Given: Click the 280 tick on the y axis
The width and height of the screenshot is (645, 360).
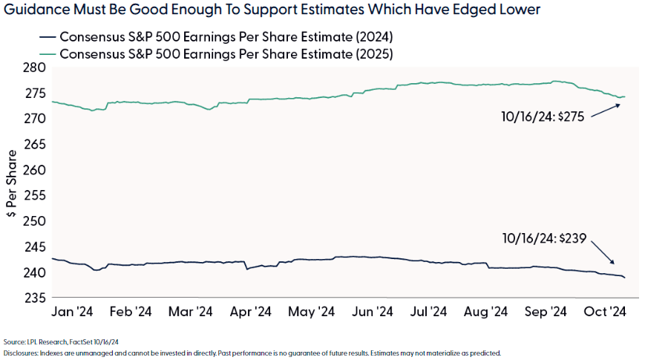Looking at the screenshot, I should (x=36, y=68).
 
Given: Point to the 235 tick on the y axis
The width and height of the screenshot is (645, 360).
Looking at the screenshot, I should (x=36, y=298).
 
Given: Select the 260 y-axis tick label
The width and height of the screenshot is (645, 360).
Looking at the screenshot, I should (x=36, y=170).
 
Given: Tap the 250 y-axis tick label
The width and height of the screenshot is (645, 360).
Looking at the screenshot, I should (x=36, y=221).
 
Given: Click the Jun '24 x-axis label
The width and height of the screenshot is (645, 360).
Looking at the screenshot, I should (x=370, y=312).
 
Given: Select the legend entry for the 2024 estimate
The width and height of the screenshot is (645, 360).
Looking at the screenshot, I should (x=215, y=36).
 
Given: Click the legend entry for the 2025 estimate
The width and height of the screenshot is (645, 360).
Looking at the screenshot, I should (x=215, y=54).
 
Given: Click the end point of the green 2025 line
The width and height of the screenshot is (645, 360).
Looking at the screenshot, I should (x=625, y=96).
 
